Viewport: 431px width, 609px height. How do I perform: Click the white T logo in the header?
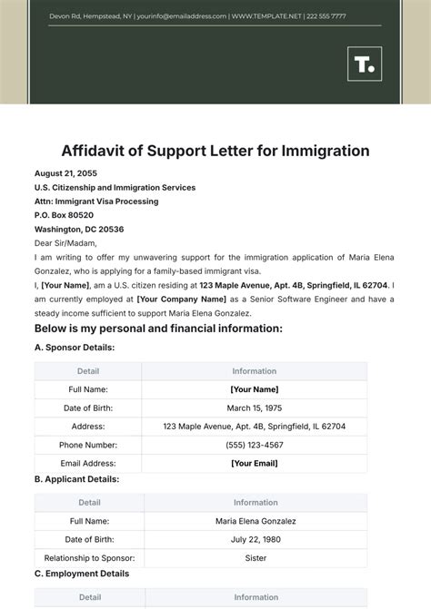365,66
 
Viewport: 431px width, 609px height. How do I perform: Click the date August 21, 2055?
65,173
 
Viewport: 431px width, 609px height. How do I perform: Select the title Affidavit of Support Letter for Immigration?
215,150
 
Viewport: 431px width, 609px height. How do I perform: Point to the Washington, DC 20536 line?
79,230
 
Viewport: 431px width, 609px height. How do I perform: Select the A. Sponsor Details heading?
75,347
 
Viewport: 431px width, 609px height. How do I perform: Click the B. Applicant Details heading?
76,478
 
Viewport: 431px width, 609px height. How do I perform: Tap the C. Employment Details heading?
82,574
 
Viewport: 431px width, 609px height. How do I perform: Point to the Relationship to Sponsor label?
89,557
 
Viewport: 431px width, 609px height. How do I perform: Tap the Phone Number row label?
89,445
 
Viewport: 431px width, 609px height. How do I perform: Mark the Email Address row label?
89,463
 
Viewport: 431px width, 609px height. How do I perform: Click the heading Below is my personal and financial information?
158,328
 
